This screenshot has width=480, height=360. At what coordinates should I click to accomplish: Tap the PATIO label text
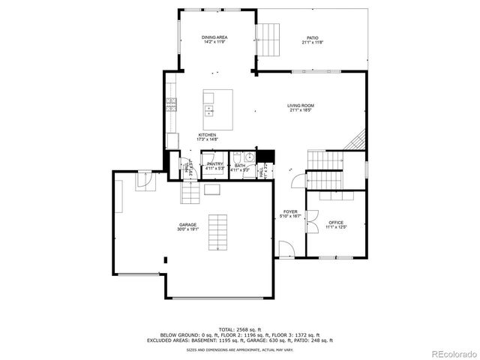pyautogui.click(x=312, y=37)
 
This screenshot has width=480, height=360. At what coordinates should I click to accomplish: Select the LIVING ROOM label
pyautogui.click(x=300, y=106)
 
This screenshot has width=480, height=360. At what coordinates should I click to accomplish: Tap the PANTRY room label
pyautogui.click(x=215, y=163)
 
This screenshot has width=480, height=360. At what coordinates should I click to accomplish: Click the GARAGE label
pyautogui.click(x=187, y=224)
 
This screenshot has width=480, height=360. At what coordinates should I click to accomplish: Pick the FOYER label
pyautogui.click(x=290, y=212)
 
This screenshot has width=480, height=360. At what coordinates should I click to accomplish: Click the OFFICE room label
pyautogui.click(x=335, y=223)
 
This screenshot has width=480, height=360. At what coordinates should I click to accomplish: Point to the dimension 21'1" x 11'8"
pyautogui.click(x=312, y=42)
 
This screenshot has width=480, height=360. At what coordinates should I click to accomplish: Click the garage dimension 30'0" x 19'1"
pyautogui.click(x=187, y=229)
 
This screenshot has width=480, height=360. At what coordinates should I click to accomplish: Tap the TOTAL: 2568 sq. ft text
pyautogui.click(x=239, y=329)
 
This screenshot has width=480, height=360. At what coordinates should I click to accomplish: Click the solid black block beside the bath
pyautogui.click(x=262, y=157)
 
